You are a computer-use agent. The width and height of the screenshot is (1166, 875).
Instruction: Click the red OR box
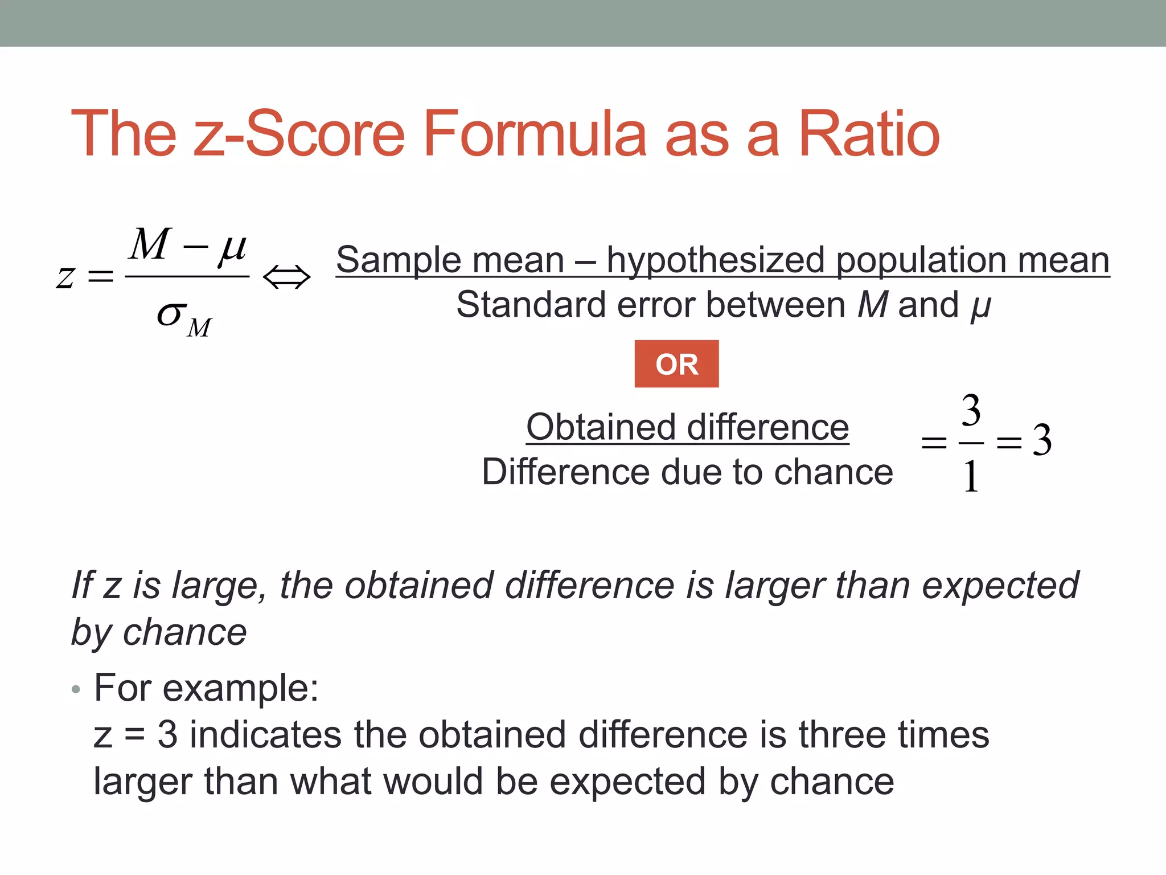pos(676,364)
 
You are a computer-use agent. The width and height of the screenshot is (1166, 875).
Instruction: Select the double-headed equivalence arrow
pos(287,277)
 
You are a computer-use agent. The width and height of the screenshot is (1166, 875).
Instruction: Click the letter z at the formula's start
pos(65,278)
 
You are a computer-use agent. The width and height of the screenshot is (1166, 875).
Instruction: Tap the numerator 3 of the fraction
pos(971,410)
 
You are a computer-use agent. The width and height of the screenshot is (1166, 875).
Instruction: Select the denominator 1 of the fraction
pos(971,476)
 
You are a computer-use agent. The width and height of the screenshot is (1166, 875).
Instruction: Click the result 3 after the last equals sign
pos(1042,440)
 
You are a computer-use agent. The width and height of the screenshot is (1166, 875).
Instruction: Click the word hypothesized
pos(715,260)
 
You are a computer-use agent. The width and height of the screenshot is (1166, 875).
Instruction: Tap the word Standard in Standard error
pos(530,305)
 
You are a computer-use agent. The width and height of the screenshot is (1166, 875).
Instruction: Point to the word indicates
pos(265,735)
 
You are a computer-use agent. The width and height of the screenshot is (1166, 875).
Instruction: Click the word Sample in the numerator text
pos(392,260)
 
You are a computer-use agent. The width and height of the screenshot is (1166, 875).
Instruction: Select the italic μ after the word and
pos(980,306)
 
